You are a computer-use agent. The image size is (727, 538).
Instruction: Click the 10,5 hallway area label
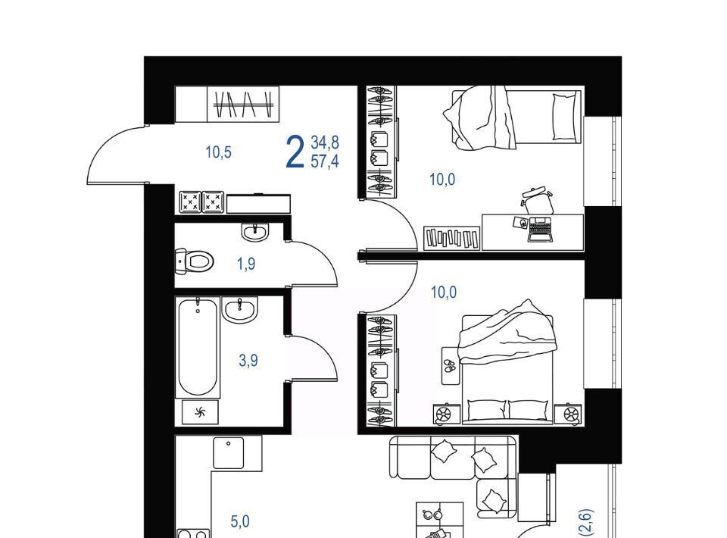[x=218, y=152]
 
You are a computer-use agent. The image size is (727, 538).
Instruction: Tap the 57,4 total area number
[x=325, y=161]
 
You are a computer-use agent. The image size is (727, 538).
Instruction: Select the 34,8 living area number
[x=325, y=142]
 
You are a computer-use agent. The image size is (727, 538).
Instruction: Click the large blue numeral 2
[x=295, y=152]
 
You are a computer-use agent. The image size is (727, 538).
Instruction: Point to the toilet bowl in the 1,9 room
[x=195, y=261]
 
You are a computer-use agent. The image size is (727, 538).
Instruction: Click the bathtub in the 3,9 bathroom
[x=198, y=347]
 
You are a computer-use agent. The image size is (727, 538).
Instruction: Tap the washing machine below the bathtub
[x=200, y=412]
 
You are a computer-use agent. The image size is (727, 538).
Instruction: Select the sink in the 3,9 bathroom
[x=239, y=309]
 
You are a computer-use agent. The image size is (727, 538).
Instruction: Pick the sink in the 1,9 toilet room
[x=254, y=232]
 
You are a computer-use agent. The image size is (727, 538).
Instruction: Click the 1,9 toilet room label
[x=246, y=264]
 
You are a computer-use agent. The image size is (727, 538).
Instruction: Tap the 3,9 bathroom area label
[x=248, y=360]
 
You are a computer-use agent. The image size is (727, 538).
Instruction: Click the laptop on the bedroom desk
[x=540, y=230]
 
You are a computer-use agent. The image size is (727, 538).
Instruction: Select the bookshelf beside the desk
[x=452, y=238]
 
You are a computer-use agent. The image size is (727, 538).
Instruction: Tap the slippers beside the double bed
[x=449, y=366]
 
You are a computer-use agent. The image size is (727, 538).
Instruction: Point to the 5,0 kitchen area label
[x=240, y=521]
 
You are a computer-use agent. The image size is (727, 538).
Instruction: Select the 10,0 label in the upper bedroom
[x=442, y=180]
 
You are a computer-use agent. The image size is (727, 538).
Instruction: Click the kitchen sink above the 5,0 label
[x=229, y=452]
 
